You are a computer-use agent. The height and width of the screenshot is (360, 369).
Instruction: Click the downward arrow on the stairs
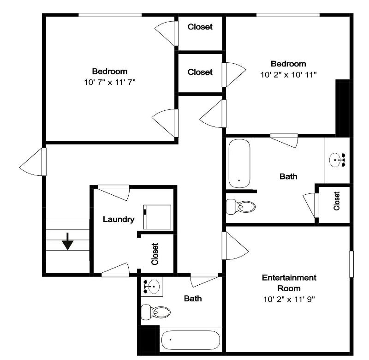[x=68, y=241]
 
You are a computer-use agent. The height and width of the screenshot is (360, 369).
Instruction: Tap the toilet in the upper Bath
[x=240, y=207]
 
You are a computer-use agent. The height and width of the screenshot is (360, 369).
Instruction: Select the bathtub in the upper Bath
[x=239, y=164]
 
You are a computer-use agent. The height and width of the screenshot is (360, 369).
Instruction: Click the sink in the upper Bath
[x=337, y=160]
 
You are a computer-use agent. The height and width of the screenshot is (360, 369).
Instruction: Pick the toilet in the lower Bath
[x=155, y=312]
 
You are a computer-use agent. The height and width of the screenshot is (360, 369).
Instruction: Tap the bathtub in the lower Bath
[x=190, y=340]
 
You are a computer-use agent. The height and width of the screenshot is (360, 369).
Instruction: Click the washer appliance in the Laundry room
[x=157, y=217]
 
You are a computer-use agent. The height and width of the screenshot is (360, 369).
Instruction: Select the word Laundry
[x=119, y=219]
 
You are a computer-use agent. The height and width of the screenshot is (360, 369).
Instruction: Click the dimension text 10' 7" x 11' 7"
[x=110, y=83]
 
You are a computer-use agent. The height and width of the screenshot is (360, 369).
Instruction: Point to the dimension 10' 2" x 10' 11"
[x=288, y=75]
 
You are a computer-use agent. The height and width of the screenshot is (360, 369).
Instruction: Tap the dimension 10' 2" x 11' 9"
[x=289, y=299]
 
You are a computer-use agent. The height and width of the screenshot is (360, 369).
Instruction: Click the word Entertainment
[x=289, y=277]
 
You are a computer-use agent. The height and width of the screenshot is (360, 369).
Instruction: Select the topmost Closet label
[x=200, y=27]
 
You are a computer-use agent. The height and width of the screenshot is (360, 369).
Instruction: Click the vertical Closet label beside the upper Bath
[x=337, y=201]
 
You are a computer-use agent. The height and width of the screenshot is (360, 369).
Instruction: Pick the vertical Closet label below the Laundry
[x=155, y=254]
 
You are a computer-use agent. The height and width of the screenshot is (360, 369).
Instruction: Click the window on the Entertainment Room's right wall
[x=351, y=264]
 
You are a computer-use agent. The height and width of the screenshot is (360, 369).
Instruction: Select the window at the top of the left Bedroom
[x=110, y=15]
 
